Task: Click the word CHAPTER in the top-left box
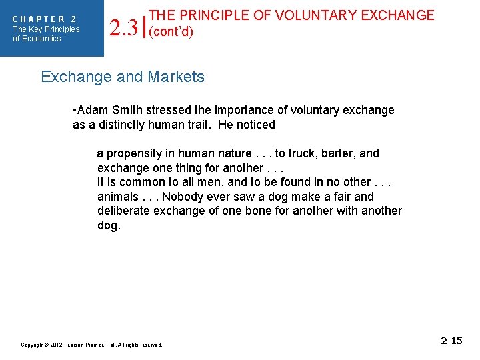pos(39,19)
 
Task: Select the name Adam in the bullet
pos(93,110)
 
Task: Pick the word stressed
pos(163,110)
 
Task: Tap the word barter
pos(337,153)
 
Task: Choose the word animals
pos(117,197)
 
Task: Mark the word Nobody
pos(182,197)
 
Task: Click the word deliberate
pos(124,211)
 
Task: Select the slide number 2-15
pos(451,341)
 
